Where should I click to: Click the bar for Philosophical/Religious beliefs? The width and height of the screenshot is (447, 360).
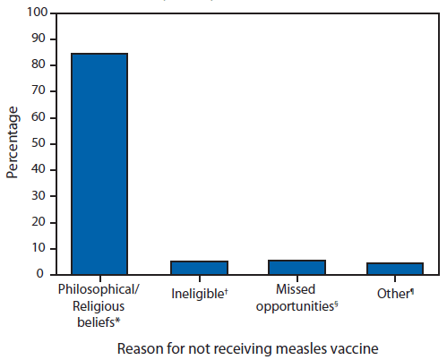99,164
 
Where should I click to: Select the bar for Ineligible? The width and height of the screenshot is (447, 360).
199,267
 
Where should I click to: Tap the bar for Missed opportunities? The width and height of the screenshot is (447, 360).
297,267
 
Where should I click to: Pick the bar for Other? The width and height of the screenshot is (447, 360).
395,268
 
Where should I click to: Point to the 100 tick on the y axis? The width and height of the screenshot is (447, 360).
34,13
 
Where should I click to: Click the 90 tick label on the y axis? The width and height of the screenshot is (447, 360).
37,39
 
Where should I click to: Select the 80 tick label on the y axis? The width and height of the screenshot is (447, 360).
37,65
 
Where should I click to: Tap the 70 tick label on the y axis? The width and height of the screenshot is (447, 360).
37,91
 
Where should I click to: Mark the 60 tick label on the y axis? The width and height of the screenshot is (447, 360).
37,117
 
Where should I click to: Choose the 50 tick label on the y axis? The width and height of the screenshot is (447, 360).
37,143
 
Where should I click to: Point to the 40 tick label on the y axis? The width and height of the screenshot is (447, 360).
37,169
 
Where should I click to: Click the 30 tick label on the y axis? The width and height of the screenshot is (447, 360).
37,195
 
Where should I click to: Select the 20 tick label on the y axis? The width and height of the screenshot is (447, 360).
37,222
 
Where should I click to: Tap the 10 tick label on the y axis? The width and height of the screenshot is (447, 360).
37,248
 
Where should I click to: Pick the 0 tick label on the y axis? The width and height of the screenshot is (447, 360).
39,274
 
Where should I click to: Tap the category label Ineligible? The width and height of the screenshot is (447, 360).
198,292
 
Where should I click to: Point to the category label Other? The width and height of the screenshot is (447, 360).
395,292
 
